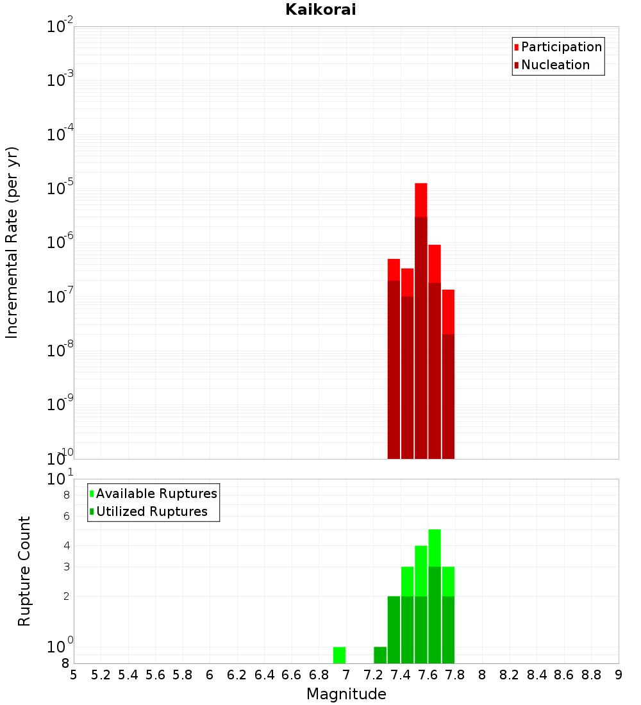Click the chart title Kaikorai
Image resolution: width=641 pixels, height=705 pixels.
pos(320,9)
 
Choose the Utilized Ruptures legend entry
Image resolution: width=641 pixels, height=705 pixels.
pos(151,511)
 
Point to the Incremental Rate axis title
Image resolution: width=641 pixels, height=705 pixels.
pos(12,243)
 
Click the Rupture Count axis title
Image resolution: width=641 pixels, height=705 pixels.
pos(24,571)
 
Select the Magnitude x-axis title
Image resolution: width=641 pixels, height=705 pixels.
pos(346,694)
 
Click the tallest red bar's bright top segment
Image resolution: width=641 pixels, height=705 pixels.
pos(421,199)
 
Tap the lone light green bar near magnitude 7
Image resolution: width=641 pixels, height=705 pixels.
pos(339,655)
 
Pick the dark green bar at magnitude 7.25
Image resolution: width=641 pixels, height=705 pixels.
pos(380,655)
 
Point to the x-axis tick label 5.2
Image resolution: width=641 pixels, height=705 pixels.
pos(101,675)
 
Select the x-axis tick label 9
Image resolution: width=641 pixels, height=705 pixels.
pos(619,675)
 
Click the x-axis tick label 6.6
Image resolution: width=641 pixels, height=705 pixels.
pos(292,675)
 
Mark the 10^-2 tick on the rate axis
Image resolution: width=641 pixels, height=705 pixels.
pos(60,26)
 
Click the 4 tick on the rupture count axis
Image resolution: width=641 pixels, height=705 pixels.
pos(66,545)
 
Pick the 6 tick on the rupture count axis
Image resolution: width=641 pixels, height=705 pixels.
pos(66,516)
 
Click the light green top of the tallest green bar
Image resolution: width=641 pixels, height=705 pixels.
pos(435,547)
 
